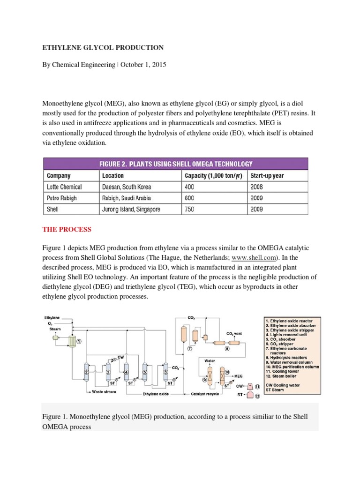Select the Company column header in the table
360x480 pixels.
point(59,176)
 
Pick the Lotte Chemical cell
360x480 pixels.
point(65,187)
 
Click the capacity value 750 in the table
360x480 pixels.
point(189,209)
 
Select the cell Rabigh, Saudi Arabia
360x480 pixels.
point(126,198)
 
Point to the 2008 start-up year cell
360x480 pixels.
point(256,187)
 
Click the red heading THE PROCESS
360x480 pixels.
point(67,230)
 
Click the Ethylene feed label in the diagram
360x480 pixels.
point(52,318)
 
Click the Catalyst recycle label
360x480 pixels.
point(205,394)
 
